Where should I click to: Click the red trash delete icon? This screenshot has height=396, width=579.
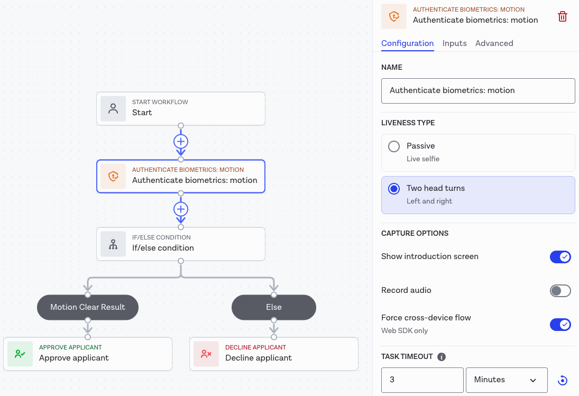(x=563, y=16)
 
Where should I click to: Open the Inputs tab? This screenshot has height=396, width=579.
(x=454, y=43)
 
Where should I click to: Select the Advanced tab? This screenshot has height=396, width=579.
(x=494, y=43)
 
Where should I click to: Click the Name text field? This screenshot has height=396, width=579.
(x=478, y=91)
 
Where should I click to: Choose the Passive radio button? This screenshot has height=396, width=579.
(x=394, y=146)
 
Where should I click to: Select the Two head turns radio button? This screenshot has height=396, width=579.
(x=394, y=189)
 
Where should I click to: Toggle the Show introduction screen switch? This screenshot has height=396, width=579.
(x=560, y=257)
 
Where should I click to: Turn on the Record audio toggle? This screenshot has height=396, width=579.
(x=560, y=291)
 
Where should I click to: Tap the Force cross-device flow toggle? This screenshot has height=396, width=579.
(x=560, y=325)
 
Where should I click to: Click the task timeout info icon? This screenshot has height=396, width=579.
(x=442, y=357)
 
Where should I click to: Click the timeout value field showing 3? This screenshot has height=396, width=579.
(x=422, y=380)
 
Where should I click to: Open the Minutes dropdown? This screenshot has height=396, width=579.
(x=507, y=380)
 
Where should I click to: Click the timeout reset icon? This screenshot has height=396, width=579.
(x=563, y=380)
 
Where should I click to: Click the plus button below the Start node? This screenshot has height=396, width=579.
(x=181, y=141)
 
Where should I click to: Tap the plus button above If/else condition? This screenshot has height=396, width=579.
(x=181, y=209)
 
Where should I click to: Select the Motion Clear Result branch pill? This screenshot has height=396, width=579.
(x=88, y=307)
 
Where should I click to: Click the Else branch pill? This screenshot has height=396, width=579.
(x=273, y=307)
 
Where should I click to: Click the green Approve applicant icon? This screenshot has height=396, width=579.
(x=20, y=354)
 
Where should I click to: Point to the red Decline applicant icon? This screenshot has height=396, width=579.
(x=206, y=354)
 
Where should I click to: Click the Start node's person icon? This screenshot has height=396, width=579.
(x=113, y=109)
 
